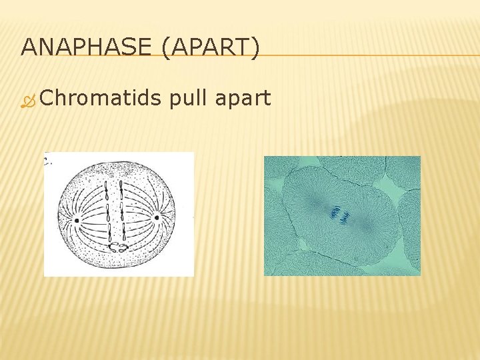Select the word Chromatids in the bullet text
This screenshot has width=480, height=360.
pyautogui.click(x=100, y=99)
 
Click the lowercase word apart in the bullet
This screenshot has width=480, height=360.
pyautogui.click(x=244, y=99)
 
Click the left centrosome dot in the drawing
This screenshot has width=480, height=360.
pyautogui.click(x=77, y=219)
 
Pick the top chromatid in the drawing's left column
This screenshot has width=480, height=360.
pyautogui.click(x=107, y=193)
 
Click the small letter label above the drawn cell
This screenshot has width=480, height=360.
pyautogui.click(x=47, y=160)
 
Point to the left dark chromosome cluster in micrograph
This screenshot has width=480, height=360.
pyautogui.click(x=333, y=212)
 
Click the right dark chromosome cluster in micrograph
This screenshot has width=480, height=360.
pyautogui.click(x=345, y=216)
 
